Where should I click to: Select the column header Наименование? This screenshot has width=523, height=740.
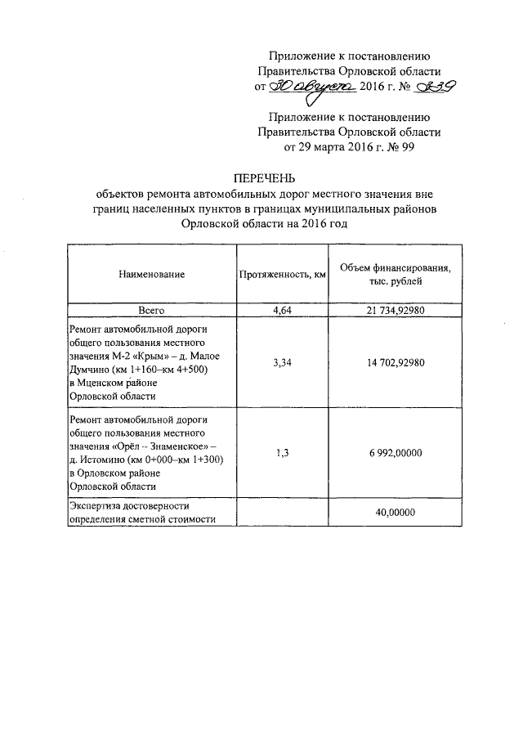(151, 275)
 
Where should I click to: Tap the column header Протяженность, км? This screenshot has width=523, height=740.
(282, 275)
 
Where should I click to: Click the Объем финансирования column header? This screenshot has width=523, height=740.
(395, 275)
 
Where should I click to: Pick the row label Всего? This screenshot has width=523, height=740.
(151, 311)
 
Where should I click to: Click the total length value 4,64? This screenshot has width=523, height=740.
(282, 311)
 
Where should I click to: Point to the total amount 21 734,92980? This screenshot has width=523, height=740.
(395, 311)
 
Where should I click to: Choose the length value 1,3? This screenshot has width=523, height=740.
(282, 454)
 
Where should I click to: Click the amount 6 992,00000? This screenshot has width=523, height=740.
(395, 454)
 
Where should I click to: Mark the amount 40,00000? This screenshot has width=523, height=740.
(395, 513)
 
